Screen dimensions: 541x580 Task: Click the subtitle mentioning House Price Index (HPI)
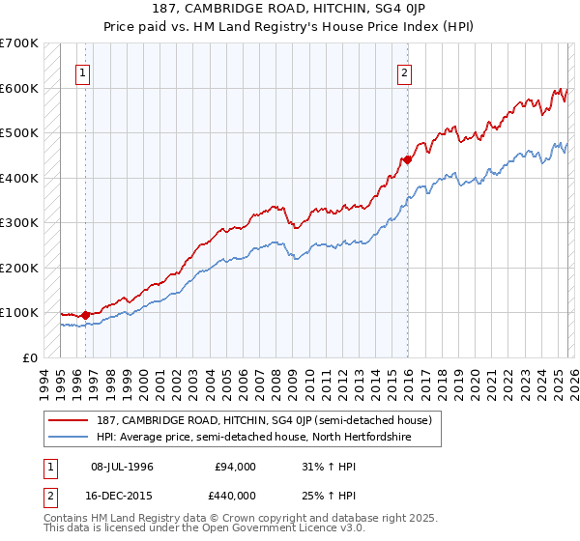289,25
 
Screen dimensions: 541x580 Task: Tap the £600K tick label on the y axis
19,88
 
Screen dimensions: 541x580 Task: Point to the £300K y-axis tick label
19,222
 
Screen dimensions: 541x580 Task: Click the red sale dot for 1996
86,315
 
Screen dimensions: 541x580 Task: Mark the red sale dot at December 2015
407,159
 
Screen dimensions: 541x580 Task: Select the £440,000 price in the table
235,494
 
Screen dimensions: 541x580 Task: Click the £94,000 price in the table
235,467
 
